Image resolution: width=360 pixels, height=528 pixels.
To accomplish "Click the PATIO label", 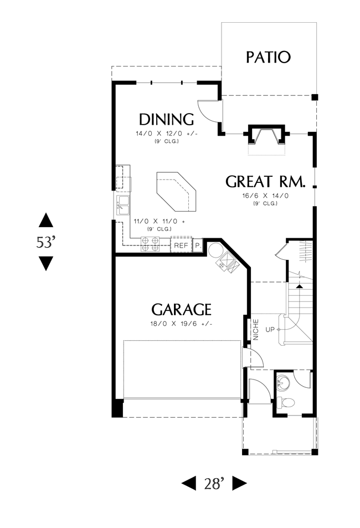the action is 268,57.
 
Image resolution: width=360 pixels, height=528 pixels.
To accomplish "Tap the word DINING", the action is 166,120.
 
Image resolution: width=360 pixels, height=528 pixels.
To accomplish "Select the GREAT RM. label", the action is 265,182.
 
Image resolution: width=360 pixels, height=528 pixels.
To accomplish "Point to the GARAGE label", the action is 181,310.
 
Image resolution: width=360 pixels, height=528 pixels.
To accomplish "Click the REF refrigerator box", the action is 181,245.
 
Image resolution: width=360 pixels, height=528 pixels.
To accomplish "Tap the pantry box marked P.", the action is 198,245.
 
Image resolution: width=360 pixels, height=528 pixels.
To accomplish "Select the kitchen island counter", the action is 176,192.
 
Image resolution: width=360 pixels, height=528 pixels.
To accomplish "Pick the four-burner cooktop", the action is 150,244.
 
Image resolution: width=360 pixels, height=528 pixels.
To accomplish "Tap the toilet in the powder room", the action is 286,402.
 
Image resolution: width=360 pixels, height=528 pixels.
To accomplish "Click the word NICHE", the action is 255,330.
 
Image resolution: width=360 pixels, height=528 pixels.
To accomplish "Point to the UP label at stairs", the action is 270,330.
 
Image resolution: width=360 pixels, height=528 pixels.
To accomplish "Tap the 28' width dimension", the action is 214,484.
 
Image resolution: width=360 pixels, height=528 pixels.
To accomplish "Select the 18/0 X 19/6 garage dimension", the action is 181,324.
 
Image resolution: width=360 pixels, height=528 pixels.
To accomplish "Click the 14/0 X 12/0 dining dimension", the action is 166,134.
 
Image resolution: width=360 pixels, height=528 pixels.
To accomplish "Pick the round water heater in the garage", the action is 214,250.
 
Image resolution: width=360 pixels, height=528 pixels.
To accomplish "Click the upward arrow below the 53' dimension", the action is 46,220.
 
